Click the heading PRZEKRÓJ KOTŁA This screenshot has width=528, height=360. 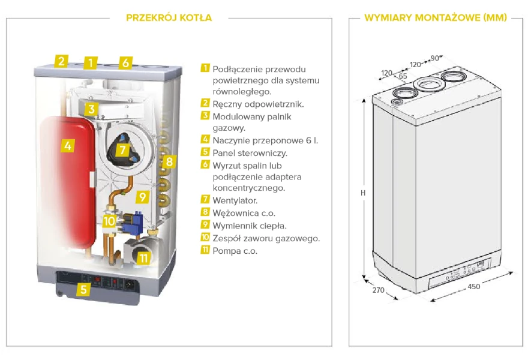(x=169, y=17)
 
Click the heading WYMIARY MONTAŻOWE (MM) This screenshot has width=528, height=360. (x=435, y=17)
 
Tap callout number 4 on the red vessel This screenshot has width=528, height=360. (x=68, y=145)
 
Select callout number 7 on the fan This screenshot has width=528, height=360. (x=122, y=150)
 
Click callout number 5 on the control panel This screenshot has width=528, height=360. (x=83, y=290)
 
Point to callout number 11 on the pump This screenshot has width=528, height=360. (x=143, y=259)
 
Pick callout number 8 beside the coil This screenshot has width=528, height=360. (x=169, y=161)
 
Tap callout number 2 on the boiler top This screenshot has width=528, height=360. (x=60, y=60)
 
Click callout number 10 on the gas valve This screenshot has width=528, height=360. (x=109, y=220)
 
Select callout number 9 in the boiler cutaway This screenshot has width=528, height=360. (x=142, y=196)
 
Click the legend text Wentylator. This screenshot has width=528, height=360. (x=235, y=200)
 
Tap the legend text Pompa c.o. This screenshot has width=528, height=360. (x=235, y=251)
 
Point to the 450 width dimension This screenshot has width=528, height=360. (x=473, y=286)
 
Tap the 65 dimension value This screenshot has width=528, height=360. (x=403, y=76)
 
